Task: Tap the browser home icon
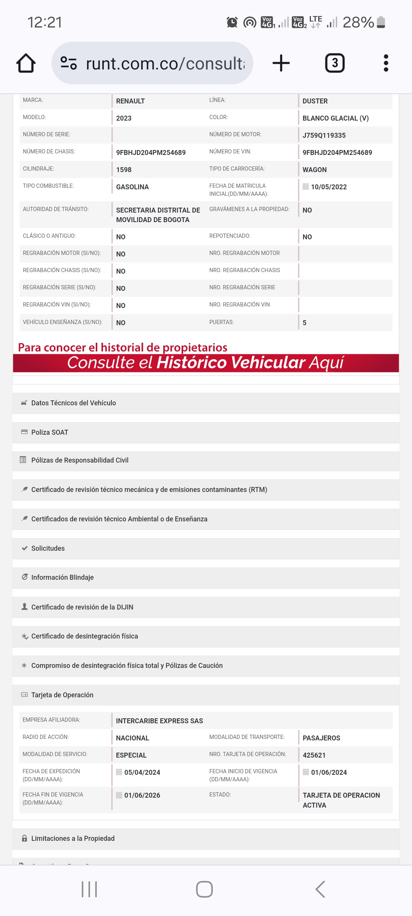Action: point(26,63)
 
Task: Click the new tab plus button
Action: point(281,63)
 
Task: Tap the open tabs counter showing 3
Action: point(335,63)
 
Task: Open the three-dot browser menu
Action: point(386,63)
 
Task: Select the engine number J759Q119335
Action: point(324,135)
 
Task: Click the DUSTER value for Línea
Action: point(315,101)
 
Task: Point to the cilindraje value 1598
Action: point(124,170)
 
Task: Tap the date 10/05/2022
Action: point(328,187)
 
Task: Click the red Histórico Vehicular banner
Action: point(206,363)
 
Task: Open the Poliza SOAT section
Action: point(50,432)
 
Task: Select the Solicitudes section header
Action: point(48,548)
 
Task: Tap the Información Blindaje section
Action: point(62,577)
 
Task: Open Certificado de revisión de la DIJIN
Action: point(82,607)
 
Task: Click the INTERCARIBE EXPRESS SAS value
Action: point(159,721)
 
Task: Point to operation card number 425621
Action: point(314,755)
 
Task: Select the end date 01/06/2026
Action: point(142,795)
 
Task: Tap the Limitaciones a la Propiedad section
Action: point(72,839)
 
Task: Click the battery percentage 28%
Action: point(358,23)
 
